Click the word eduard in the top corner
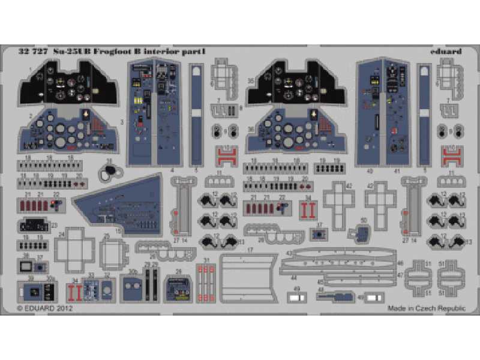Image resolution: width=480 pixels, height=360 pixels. point(446,52)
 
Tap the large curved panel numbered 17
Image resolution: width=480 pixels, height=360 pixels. point(246,275)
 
